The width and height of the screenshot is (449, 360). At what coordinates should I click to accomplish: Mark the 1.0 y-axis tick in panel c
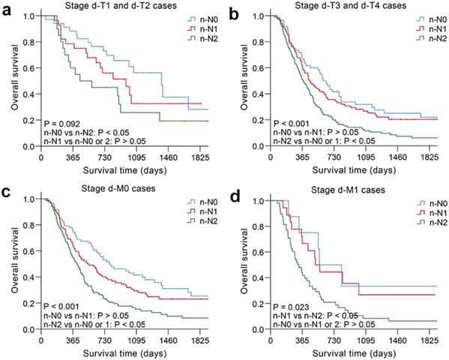(30, 199)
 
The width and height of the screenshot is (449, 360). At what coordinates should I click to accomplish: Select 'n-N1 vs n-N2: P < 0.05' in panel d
(317, 316)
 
